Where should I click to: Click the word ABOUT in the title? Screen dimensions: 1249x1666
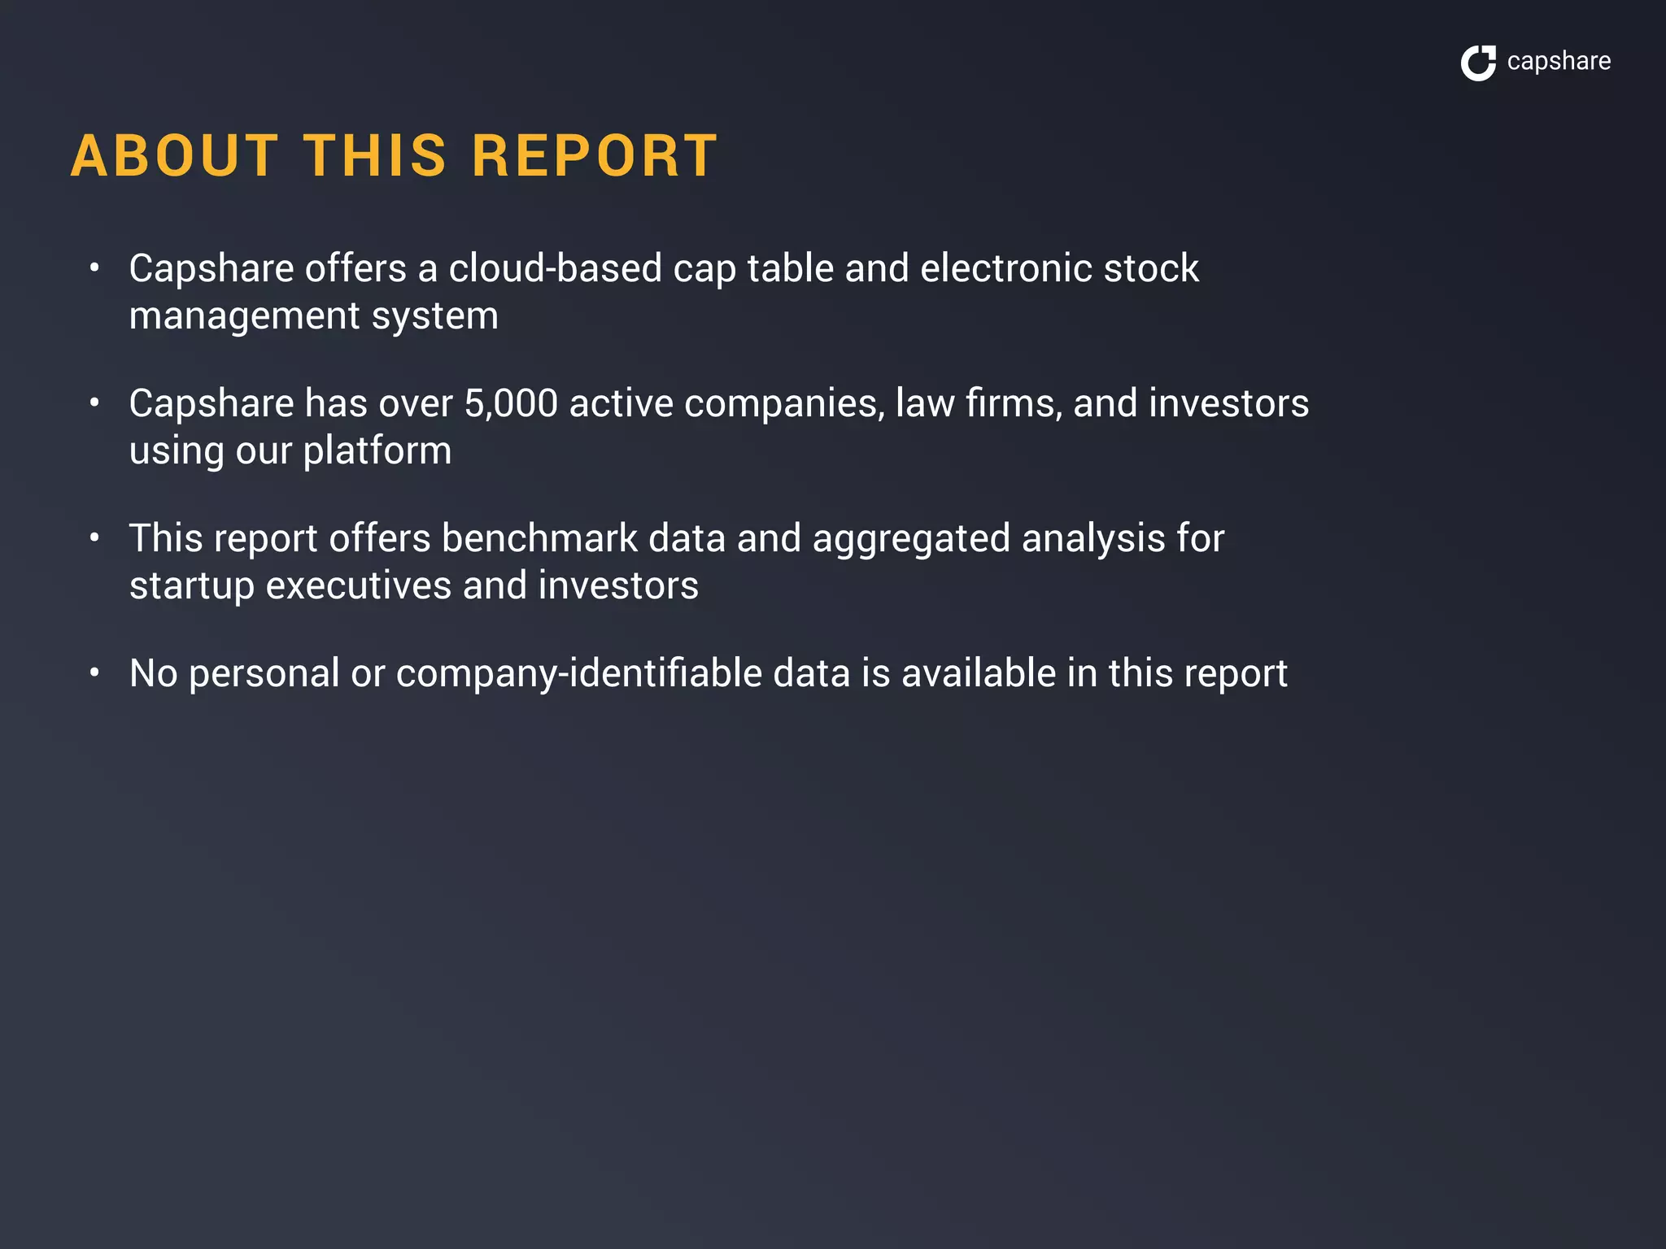(175, 155)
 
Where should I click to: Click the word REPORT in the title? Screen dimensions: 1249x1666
(595, 155)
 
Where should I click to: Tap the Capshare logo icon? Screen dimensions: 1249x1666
(1478, 63)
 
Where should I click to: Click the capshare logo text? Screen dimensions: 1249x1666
(1558, 62)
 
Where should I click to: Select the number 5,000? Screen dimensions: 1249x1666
(511, 403)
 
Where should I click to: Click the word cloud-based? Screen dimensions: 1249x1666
(556, 268)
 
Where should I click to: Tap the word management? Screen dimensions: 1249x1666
(245, 316)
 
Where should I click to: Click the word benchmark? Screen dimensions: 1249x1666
(539, 538)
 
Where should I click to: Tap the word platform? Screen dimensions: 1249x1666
(377, 451)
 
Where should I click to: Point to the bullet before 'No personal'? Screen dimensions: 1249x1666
(95, 672)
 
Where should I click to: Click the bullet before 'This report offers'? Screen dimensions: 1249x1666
(95, 537)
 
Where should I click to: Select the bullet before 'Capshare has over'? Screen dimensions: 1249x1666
(95, 403)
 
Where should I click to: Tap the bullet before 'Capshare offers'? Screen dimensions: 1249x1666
(95, 268)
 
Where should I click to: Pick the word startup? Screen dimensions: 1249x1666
(192, 586)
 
